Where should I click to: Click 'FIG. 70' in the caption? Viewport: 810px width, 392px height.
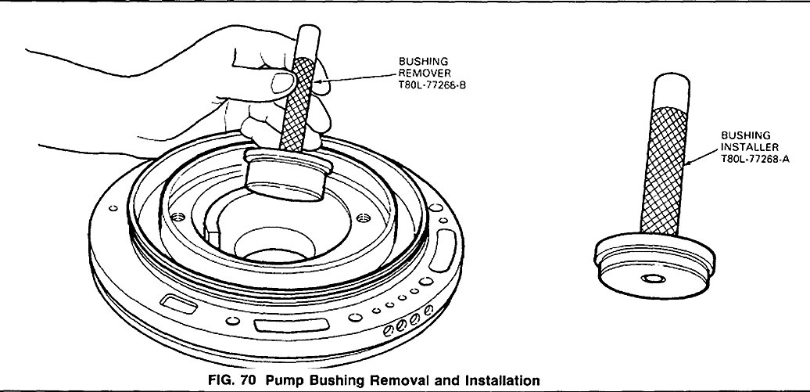(x=232, y=380)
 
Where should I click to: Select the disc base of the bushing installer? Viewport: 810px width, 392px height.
(x=653, y=271)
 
